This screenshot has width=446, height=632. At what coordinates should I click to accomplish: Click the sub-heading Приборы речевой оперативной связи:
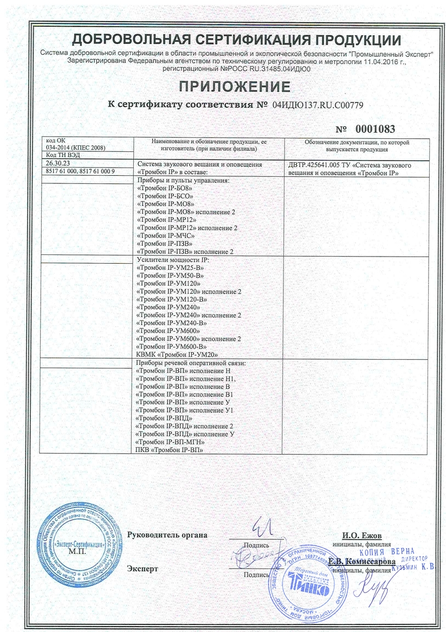tap(192, 363)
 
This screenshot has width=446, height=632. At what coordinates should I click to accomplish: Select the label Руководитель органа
tap(167, 535)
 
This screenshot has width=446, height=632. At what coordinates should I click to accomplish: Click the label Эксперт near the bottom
tap(143, 569)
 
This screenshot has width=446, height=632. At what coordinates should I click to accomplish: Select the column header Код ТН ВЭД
tap(58, 155)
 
